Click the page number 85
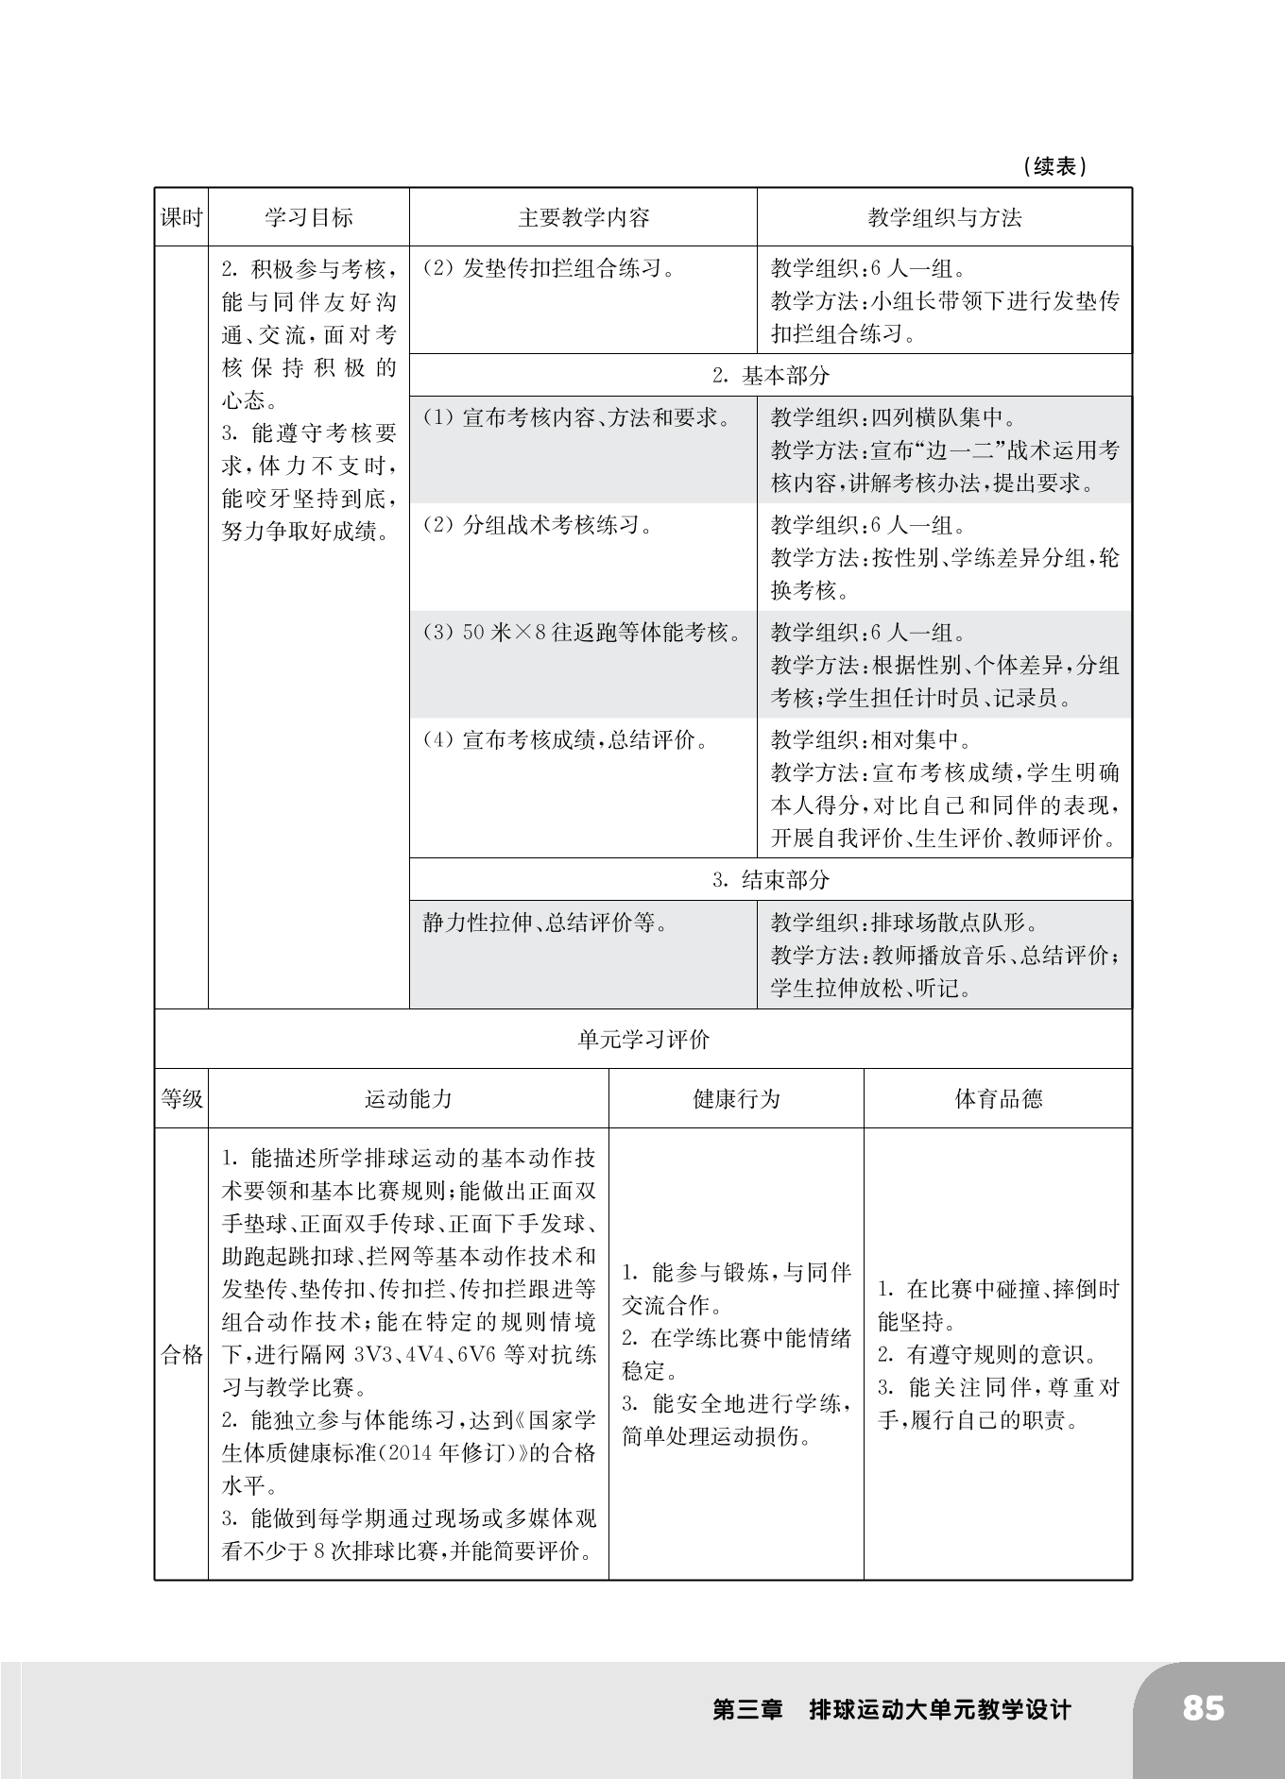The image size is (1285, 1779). [x=1202, y=1708]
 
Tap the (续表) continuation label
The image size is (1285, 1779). [x=1054, y=167]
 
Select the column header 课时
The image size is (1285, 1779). [x=181, y=218]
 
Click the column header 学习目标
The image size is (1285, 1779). [x=309, y=218]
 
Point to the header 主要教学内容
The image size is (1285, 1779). [x=583, y=218]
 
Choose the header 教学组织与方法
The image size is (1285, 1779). [x=944, y=218]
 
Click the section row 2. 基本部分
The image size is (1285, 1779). [x=771, y=376]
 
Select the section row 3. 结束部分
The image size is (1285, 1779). [x=771, y=880]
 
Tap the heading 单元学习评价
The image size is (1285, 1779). [x=643, y=1040]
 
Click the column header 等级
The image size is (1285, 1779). [x=181, y=1099]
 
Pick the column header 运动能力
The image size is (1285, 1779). [x=408, y=1099]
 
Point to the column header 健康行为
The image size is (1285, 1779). [x=736, y=1099]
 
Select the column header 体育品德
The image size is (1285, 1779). [x=998, y=1099]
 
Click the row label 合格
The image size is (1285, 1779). [x=181, y=1355]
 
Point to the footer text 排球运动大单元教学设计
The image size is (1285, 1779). [x=940, y=1710]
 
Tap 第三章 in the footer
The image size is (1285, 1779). [x=748, y=1710]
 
